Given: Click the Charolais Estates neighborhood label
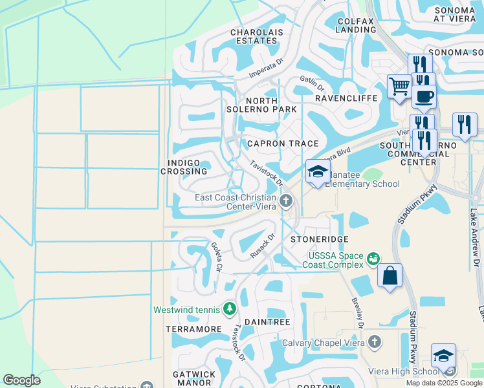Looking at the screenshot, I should pyautogui.click(x=254, y=36).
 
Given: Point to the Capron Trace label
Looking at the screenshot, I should pyautogui.click(x=283, y=144).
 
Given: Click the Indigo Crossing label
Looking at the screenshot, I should pyautogui.click(x=187, y=167).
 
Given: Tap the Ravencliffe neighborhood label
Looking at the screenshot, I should pyautogui.click(x=346, y=98).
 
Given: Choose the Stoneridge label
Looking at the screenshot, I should pyautogui.click(x=315, y=239).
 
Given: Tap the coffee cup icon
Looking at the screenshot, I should pyautogui.click(x=424, y=96).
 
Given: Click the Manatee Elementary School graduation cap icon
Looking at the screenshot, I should pyautogui.click(x=318, y=171).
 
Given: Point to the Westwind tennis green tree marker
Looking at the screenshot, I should pyautogui.click(x=229, y=310).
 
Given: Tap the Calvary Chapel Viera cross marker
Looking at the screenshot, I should pyautogui.click(x=374, y=342).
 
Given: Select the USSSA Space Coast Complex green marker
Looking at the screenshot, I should pyautogui.click(x=373, y=259).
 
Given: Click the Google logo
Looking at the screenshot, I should pyautogui.click(x=21, y=380).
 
